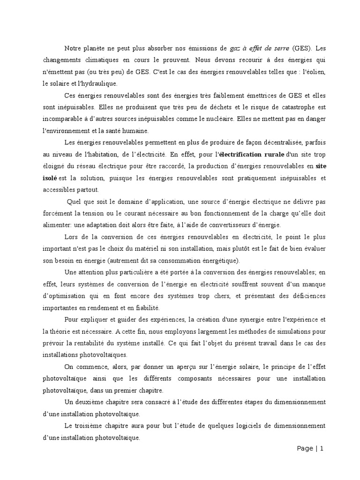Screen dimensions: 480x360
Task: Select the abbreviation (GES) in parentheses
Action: (302, 48)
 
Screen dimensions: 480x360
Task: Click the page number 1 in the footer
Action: (322, 449)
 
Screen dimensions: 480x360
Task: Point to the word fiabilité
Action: (146, 308)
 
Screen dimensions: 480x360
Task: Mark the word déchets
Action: (209, 107)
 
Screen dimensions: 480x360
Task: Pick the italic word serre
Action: (279, 48)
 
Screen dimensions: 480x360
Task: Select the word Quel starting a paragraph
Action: (74, 202)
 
